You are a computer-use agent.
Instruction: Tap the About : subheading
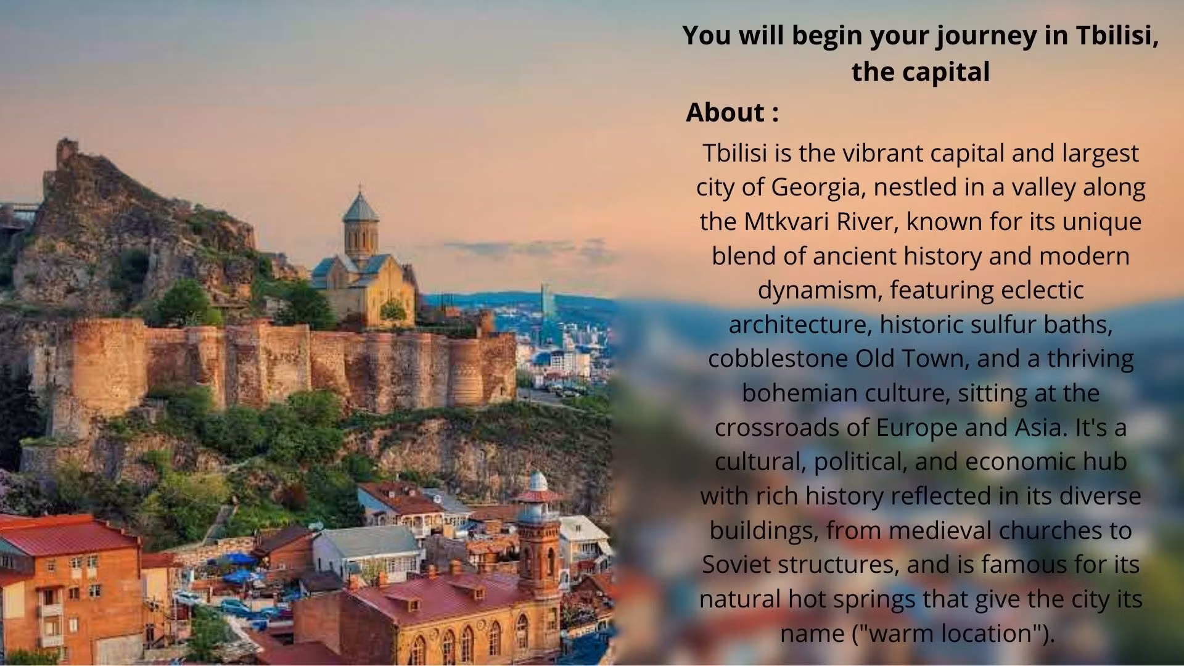pos(732,112)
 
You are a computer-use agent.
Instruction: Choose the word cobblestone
pos(778,358)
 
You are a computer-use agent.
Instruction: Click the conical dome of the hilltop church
pos(361,205)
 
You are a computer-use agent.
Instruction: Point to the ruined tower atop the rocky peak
pos(67,152)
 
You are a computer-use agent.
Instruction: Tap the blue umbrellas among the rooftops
pos(237,568)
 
